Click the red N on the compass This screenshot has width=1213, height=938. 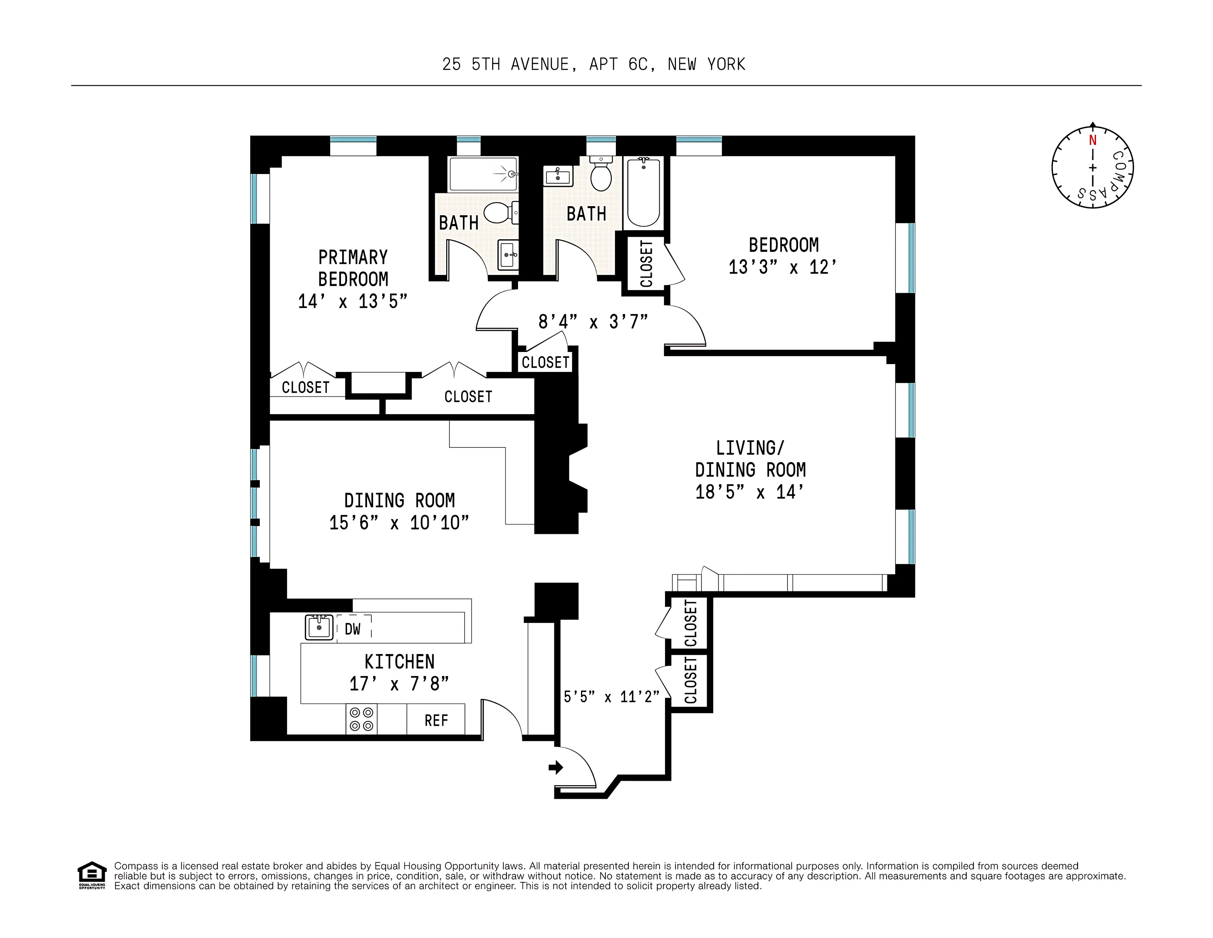coord(1092,141)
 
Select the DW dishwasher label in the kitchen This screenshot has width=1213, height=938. coord(353,629)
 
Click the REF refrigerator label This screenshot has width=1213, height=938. coord(436,721)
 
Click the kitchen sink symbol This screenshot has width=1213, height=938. coord(319,627)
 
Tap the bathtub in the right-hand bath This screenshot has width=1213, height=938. coord(643,192)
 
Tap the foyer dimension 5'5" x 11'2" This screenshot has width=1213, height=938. coord(611,697)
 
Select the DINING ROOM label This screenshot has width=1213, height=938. coord(399,501)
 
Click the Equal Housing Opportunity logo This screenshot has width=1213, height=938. coord(92,875)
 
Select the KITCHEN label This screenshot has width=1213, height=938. coord(399,662)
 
